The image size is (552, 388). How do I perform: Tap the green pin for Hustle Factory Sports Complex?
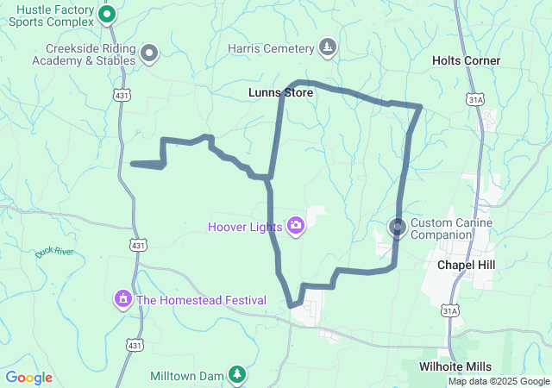coord(108,14)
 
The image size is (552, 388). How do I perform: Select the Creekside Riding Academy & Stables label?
coord(84,55)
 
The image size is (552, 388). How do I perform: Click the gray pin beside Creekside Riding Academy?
coord(149,53)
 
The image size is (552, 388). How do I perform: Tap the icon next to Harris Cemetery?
coord(327,47)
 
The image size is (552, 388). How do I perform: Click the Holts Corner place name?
coord(466,60)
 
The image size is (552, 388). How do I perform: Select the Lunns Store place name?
coord(280,91)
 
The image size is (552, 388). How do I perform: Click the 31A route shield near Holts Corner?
coord(475,100)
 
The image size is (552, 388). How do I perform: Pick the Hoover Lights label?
coord(245,228)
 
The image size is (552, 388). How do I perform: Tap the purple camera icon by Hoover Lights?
coord(296,226)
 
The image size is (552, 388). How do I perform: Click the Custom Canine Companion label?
coord(451,228)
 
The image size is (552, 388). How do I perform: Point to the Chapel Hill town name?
coord(467,265)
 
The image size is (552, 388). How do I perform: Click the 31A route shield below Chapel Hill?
coord(450,310)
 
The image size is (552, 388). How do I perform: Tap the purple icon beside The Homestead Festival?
coord(123,299)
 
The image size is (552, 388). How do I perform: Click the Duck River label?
coord(55,253)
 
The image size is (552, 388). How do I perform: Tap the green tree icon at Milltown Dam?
coord(237,375)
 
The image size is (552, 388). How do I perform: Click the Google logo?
coord(29,378)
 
